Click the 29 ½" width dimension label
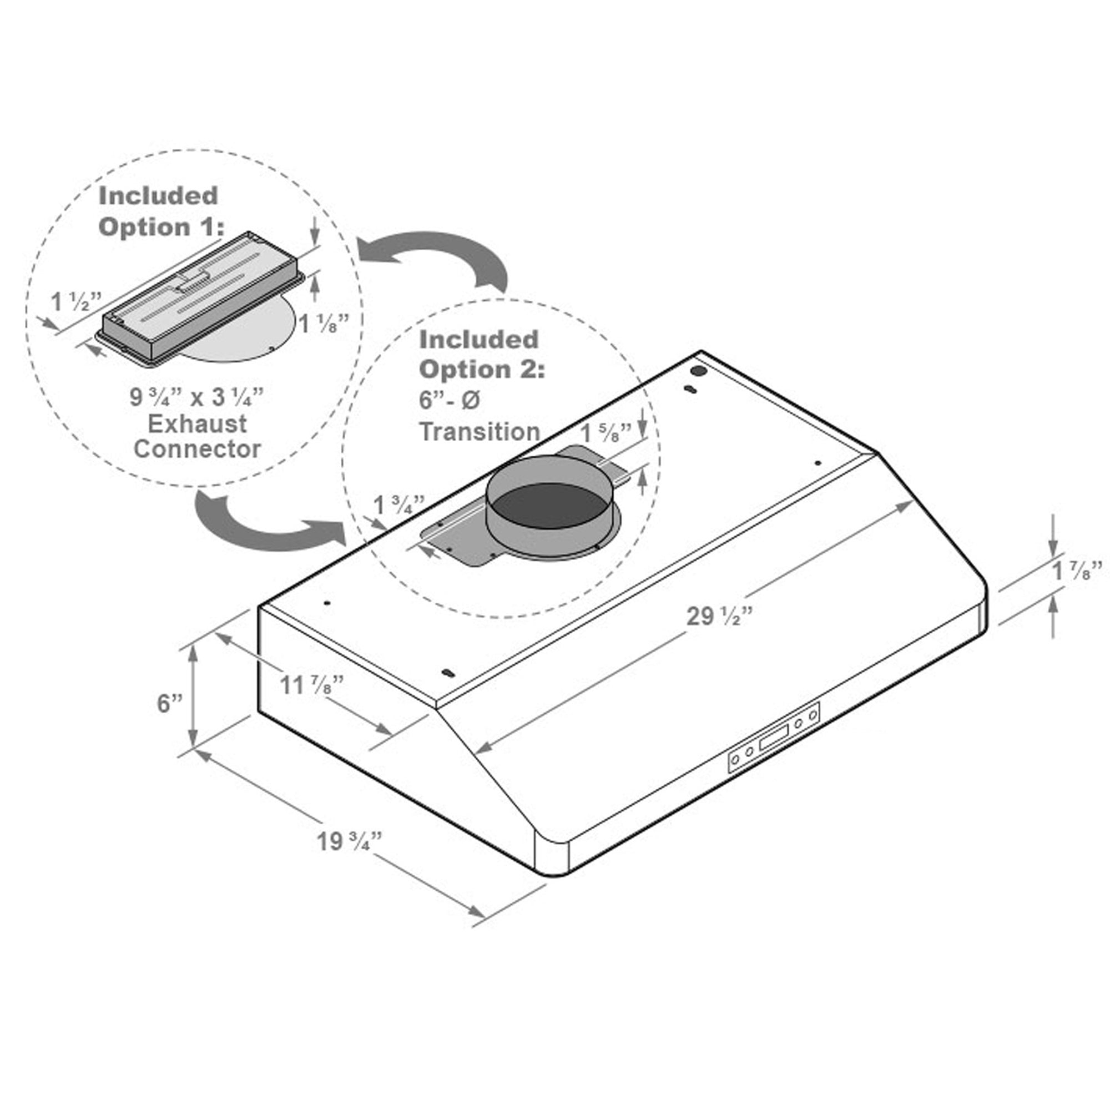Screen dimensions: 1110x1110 (719, 617)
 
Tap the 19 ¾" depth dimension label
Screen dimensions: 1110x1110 (349, 842)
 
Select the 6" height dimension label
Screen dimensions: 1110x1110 (169, 703)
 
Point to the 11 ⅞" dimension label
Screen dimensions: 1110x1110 (312, 685)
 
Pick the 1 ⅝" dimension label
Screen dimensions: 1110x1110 (606, 433)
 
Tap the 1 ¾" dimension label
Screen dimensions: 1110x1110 (398, 506)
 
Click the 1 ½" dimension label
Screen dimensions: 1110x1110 (77, 301)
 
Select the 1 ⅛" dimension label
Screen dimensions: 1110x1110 (324, 324)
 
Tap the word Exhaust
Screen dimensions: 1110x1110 (197, 424)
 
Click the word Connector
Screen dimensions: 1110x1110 (197, 450)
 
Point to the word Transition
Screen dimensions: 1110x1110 (480, 431)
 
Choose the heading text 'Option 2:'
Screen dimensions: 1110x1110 (481, 370)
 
